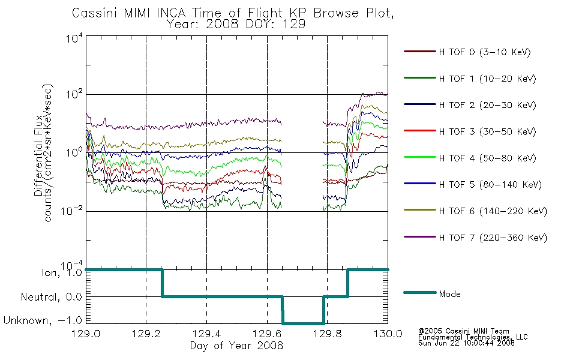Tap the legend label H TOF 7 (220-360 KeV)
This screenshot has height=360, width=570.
[x=493, y=238]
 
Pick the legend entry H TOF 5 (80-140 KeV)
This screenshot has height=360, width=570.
[x=490, y=185]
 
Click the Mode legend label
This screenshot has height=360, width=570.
[x=449, y=294]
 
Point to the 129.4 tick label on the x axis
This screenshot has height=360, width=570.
[x=206, y=334]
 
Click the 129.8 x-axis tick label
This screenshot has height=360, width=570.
[x=327, y=334]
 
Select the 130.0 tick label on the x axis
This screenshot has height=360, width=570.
[x=388, y=334]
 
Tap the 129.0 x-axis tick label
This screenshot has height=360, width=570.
[x=86, y=334]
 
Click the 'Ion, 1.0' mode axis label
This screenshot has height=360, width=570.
[x=61, y=273]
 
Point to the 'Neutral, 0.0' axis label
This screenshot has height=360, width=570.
[x=51, y=297]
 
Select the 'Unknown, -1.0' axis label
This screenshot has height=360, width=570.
[x=43, y=320]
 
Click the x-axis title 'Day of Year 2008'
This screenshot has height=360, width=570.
[x=236, y=346]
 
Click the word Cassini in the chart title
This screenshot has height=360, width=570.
[x=95, y=13]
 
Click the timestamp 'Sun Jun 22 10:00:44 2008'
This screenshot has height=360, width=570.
[x=466, y=343]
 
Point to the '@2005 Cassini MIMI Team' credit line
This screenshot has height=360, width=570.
[x=463, y=331]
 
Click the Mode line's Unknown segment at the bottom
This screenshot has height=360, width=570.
[x=303, y=323]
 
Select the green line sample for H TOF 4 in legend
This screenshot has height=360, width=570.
[x=420, y=157]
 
